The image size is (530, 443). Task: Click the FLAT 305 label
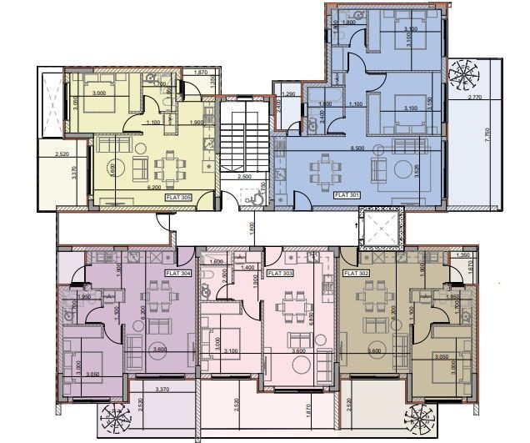pos(179,198)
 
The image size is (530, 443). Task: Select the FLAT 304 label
pos(179,274)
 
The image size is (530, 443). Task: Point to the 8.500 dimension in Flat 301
pos(357,148)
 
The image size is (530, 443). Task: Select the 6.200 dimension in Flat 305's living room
pos(155,189)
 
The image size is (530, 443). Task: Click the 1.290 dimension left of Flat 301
pos(291,95)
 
